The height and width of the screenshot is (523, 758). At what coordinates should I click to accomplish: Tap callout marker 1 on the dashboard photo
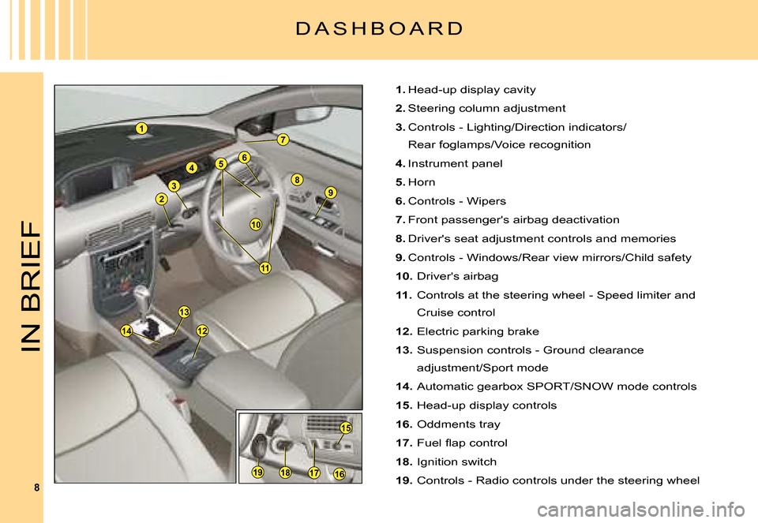click(x=141, y=128)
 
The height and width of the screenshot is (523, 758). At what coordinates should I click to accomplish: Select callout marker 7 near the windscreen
click(x=282, y=140)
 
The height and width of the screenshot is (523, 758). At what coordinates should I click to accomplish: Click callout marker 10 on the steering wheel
click(x=256, y=225)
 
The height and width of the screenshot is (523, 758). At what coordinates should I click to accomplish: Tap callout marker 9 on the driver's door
click(x=330, y=192)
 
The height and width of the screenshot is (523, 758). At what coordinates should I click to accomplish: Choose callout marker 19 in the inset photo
click(x=257, y=472)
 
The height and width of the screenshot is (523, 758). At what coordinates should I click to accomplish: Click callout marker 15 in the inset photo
click(x=345, y=428)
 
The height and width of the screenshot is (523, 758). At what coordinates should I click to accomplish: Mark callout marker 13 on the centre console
click(x=184, y=312)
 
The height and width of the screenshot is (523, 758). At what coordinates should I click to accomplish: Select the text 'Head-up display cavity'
click(x=471, y=90)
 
